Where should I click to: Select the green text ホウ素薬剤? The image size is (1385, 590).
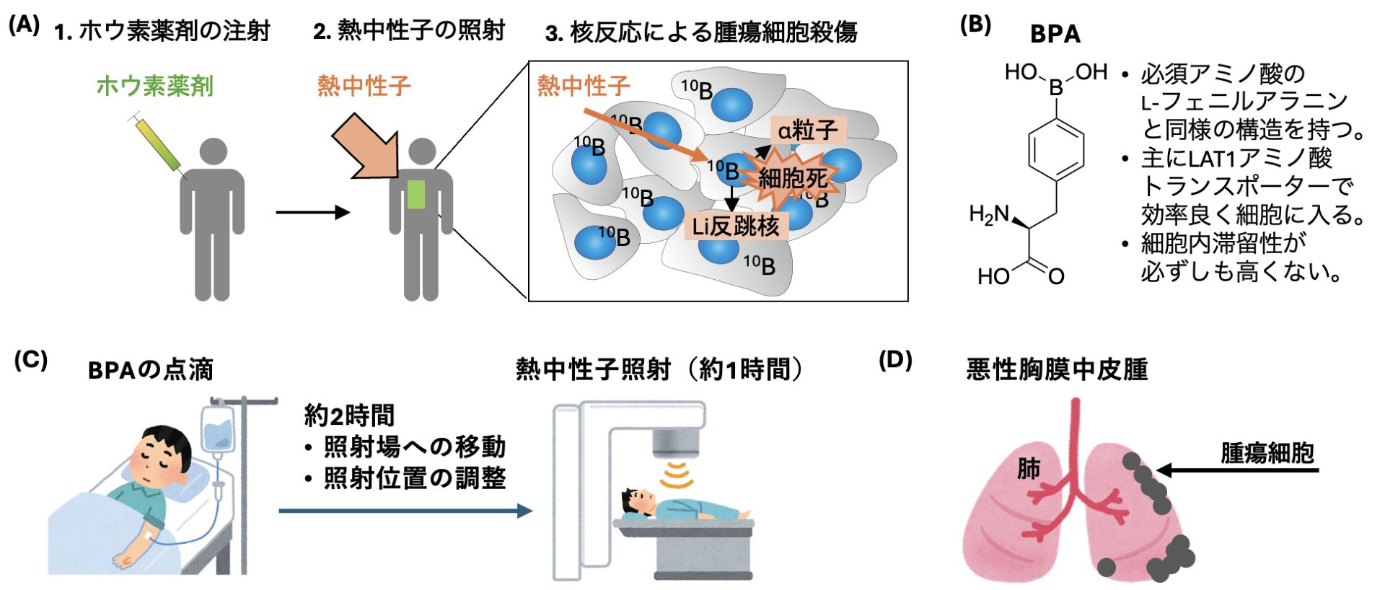(154, 86)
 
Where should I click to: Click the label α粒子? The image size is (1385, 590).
(808, 130)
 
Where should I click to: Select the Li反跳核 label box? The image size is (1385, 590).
(736, 226)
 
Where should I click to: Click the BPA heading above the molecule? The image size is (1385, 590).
(1055, 34)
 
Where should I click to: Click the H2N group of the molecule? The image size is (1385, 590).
(989, 214)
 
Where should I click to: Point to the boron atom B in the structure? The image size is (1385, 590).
(1056, 89)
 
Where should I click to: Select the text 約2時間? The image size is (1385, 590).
(350, 415)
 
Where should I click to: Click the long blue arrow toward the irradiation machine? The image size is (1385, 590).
(405, 511)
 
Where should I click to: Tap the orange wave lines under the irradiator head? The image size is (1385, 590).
(676, 475)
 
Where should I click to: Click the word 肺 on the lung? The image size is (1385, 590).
(1028, 469)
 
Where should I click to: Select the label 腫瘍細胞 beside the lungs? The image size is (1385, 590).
(1267, 453)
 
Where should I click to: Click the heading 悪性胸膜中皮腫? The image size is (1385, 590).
(1057, 369)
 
